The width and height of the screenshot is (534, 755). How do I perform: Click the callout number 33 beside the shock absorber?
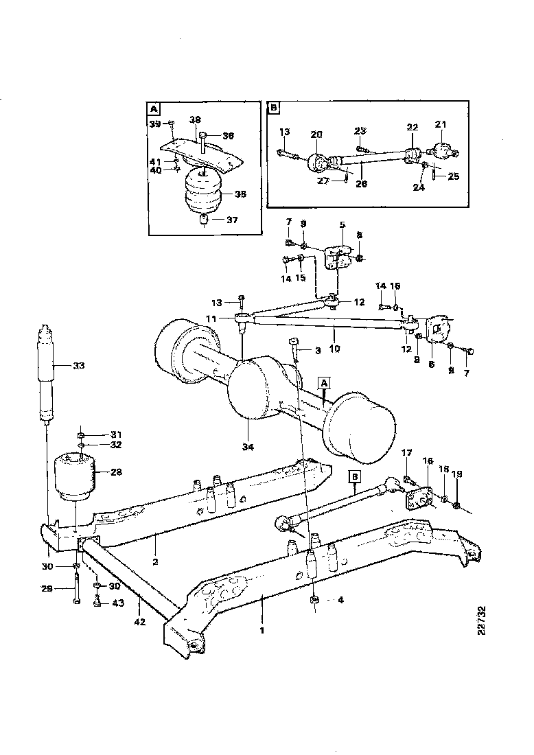[x=78, y=366]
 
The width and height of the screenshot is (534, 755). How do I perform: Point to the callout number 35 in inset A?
[x=240, y=194]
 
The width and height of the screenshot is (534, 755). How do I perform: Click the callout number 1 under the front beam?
[x=261, y=627]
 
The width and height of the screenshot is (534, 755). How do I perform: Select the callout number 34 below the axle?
[x=247, y=447]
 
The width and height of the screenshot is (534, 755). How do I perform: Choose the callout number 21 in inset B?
[x=440, y=124]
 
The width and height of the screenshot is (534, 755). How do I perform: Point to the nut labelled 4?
[x=314, y=600]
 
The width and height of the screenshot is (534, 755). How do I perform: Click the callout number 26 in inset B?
[x=362, y=183]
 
